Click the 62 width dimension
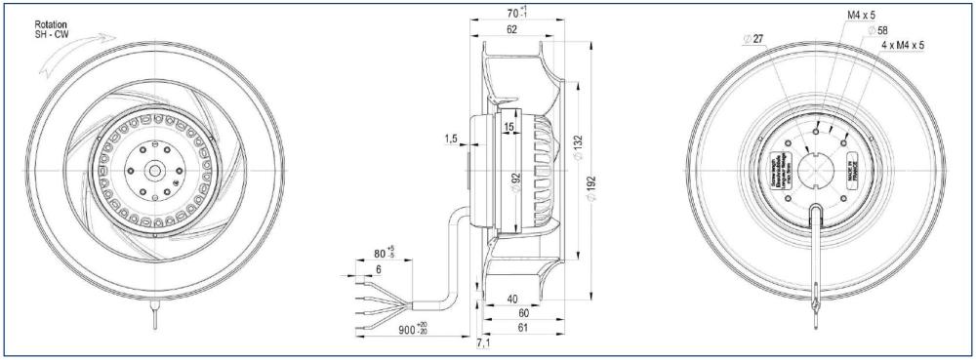[x=513, y=32]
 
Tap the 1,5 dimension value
[x=449, y=140]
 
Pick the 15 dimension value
[x=509, y=127]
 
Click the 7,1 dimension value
[x=484, y=347]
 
